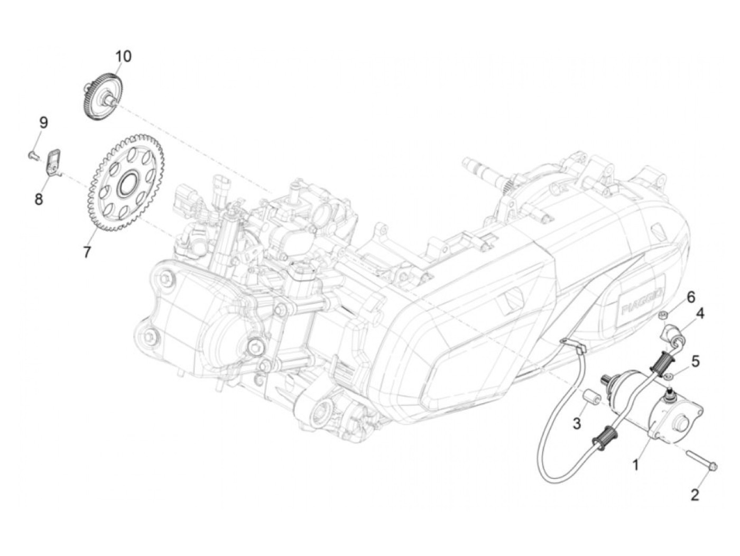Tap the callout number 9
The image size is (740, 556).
click(x=43, y=123)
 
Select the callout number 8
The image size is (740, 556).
click(x=39, y=200)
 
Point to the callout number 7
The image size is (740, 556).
click(x=87, y=252)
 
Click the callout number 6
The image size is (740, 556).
click(x=691, y=297)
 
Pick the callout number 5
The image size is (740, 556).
click(x=696, y=362)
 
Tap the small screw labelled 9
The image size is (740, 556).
click(x=32, y=155)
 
